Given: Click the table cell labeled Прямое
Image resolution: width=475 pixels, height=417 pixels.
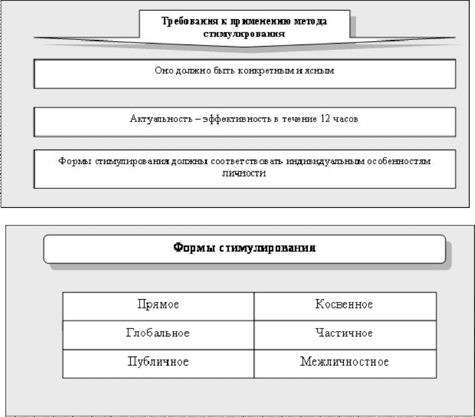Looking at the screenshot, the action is pyautogui.click(x=158, y=306).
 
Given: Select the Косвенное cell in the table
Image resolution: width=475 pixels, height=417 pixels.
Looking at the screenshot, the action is pyautogui.click(x=345, y=306).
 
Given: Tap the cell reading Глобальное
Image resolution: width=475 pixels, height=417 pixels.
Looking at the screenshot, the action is pyautogui.click(x=158, y=335).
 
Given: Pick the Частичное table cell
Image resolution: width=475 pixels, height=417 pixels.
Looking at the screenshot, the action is pyautogui.click(x=345, y=335).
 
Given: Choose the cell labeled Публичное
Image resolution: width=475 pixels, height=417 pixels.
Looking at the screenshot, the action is pyautogui.click(x=158, y=364).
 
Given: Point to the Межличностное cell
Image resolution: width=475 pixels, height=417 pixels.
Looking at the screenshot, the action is pyautogui.click(x=345, y=364).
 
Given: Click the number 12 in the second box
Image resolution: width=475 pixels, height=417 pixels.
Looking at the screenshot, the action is pyautogui.click(x=325, y=118).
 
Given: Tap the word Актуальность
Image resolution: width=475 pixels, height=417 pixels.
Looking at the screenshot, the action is pyautogui.click(x=161, y=119).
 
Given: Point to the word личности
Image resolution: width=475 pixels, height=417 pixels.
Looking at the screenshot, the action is pyautogui.click(x=244, y=173).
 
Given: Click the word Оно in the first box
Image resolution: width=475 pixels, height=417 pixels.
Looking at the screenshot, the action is pyautogui.click(x=164, y=71).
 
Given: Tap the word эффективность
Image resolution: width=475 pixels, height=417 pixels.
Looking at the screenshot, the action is pyautogui.click(x=238, y=119).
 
